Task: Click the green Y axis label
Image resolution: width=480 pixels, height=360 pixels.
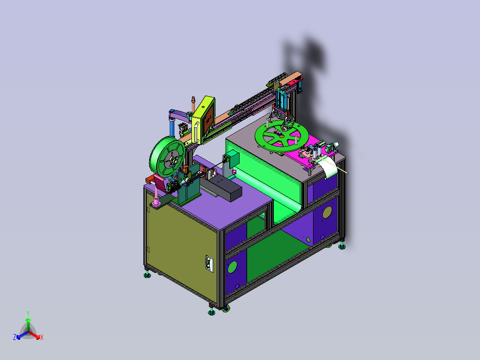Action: pos(28,313)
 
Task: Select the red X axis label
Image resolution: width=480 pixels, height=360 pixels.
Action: pos(41,338)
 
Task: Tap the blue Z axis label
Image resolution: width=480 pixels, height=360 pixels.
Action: pos(15,338)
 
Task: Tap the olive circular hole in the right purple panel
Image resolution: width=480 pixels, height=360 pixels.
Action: pos(327,212)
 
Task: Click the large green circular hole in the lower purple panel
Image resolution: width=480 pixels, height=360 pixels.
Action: pos(232,267)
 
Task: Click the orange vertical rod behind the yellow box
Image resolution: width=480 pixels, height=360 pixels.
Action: pos(193,103)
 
